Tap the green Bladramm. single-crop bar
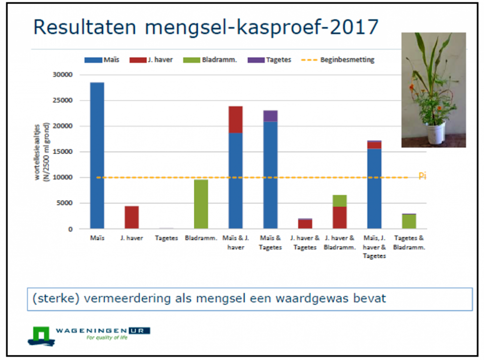click(201, 204)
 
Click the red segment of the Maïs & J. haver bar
click(236, 119)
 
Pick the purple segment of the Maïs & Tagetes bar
click(270, 116)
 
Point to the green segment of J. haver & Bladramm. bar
click(339, 201)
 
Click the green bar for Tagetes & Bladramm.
click(409, 221)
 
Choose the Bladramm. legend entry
click(214, 60)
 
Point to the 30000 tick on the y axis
click(62, 75)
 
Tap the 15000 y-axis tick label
click(62, 152)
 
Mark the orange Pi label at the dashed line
click(422, 176)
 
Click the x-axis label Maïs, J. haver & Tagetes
click(374, 247)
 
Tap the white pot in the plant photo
click(436, 133)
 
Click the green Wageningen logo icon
click(42, 335)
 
